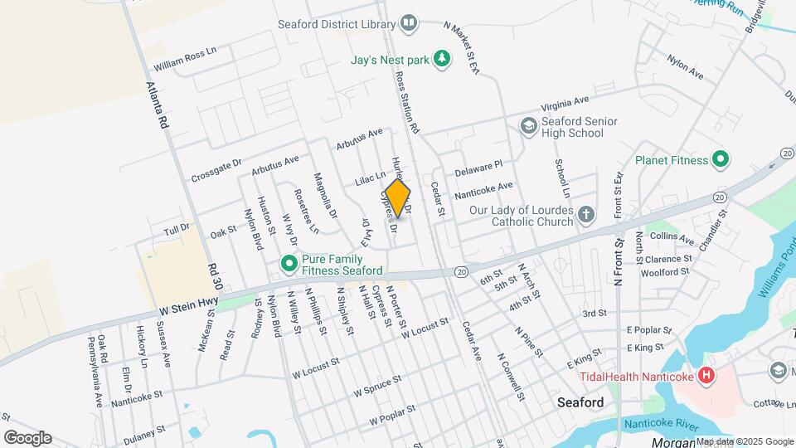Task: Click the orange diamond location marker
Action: tap(398, 198)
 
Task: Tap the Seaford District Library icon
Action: tap(409, 23)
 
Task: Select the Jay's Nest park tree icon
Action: tap(444, 59)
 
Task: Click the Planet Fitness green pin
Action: tap(721, 159)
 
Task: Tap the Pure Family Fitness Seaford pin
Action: tap(289, 265)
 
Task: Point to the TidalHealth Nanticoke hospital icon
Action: tap(706, 377)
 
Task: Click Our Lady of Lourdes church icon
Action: tap(586, 216)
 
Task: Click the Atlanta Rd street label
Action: tap(157, 105)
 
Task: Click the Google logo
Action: tap(27, 437)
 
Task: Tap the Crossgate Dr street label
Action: tap(216, 171)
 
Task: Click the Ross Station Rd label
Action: tap(407, 102)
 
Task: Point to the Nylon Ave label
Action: tap(685, 68)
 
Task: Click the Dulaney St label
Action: tap(144, 432)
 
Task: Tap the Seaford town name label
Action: tap(580, 402)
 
